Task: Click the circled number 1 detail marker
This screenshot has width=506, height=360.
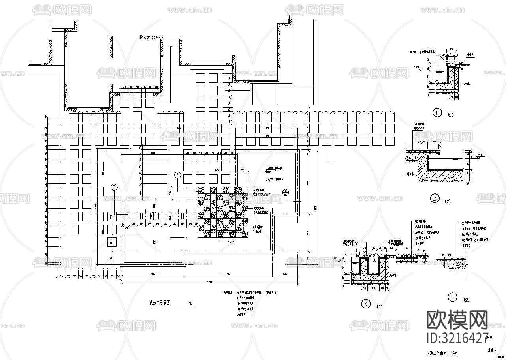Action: tap(436, 113)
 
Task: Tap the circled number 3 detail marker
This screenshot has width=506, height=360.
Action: tap(366, 304)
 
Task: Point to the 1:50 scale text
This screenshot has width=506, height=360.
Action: tap(189, 304)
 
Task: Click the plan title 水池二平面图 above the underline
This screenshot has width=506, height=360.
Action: tap(159, 303)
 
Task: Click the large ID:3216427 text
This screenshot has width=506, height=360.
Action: tap(458, 338)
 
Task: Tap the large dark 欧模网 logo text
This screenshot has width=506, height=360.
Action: tap(457, 320)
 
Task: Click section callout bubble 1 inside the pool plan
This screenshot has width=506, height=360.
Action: tap(286, 192)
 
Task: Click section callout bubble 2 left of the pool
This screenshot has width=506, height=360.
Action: tap(114, 187)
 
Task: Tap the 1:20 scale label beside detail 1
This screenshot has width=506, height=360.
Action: tap(450, 115)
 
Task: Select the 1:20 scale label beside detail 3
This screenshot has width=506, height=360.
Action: tap(379, 307)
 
